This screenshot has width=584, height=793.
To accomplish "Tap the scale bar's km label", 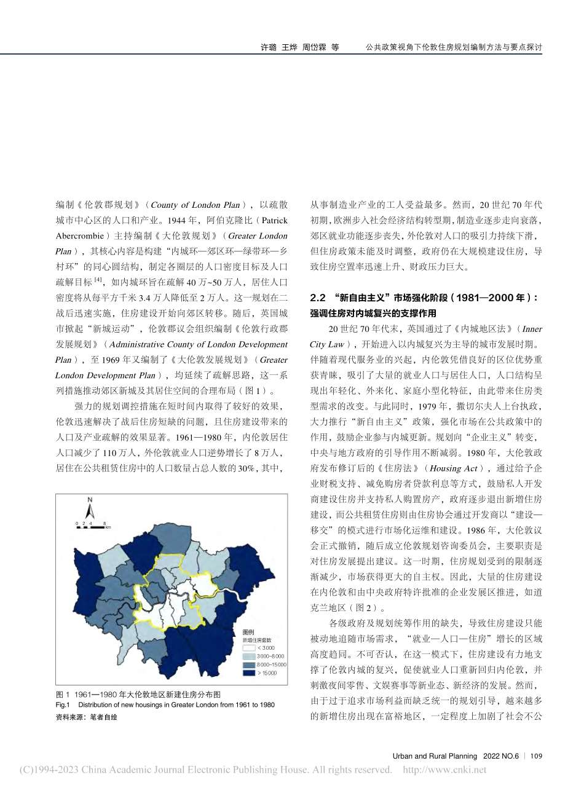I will pos(108,527).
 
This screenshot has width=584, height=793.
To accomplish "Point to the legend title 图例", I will pos(249,632).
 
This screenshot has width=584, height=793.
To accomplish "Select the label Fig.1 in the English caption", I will pos(63,704).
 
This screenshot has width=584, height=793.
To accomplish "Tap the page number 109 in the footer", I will pos(535,756).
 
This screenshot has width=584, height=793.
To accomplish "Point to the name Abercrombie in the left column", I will pos(78,236).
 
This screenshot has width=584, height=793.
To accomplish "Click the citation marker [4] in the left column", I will pos(97,280).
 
